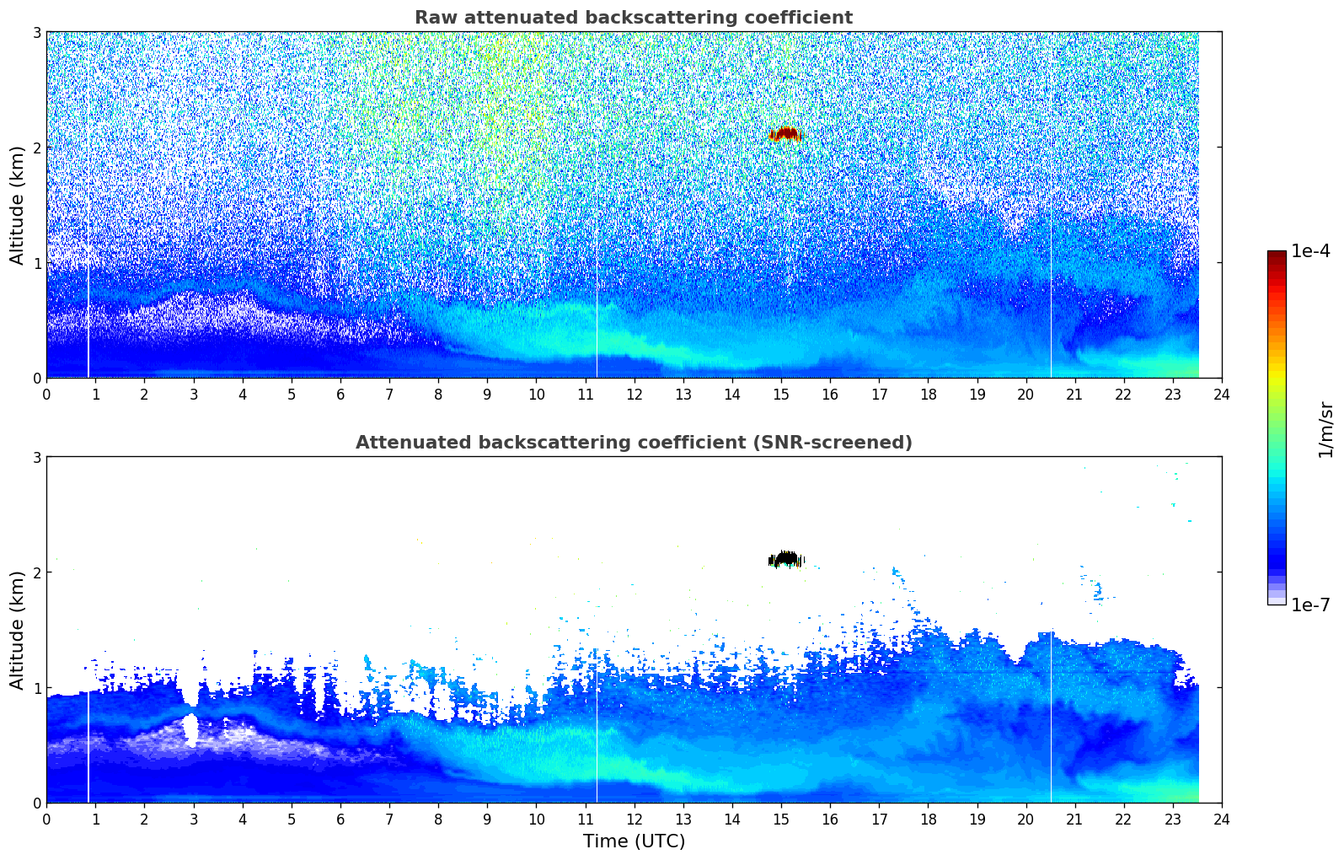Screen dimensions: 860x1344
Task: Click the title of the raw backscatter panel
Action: coord(633,18)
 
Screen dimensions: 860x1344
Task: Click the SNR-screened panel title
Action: coord(633,443)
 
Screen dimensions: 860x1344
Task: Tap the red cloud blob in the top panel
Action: coord(786,134)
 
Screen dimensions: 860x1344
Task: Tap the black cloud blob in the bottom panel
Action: coord(786,559)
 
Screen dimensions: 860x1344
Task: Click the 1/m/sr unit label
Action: coord(1325,429)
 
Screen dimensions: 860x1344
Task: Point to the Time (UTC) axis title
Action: coord(634,841)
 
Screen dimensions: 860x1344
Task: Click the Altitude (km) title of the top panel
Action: coord(18,205)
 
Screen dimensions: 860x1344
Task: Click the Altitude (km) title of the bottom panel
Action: coord(18,630)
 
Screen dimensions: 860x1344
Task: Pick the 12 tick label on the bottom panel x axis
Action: coord(634,820)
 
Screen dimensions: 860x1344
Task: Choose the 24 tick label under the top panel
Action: coord(1221,395)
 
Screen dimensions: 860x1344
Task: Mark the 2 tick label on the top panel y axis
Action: coord(37,148)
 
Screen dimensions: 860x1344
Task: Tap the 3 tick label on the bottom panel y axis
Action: coord(37,457)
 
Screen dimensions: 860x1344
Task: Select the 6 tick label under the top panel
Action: coord(340,395)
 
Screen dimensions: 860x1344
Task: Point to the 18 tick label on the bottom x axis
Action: coord(928,820)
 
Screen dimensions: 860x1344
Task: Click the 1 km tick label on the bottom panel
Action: coord(37,688)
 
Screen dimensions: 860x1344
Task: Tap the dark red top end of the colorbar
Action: coord(1276,255)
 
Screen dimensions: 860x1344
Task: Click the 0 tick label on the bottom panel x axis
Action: coord(46,820)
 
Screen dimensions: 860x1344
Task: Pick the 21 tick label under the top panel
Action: coord(1074,395)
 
